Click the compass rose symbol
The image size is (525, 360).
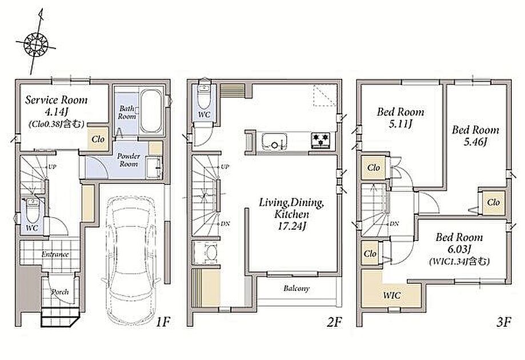point(36,43)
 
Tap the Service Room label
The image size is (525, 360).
point(56,100)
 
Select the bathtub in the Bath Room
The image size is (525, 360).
point(151,111)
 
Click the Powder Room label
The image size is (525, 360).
point(129,160)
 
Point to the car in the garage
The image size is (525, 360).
point(131,260)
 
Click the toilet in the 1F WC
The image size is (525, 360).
point(33,210)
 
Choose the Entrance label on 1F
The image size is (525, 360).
point(55,254)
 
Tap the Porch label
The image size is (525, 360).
point(60,292)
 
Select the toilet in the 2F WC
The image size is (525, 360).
point(204,93)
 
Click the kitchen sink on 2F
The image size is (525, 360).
point(274,141)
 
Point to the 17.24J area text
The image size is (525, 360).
point(291,226)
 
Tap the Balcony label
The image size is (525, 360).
point(296,288)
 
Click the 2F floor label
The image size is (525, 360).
point(334,322)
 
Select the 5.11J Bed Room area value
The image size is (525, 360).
point(400,124)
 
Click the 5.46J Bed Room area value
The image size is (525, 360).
point(475,142)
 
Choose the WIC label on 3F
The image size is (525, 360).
point(391,295)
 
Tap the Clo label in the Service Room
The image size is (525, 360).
point(98,139)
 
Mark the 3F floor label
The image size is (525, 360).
point(503,322)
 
